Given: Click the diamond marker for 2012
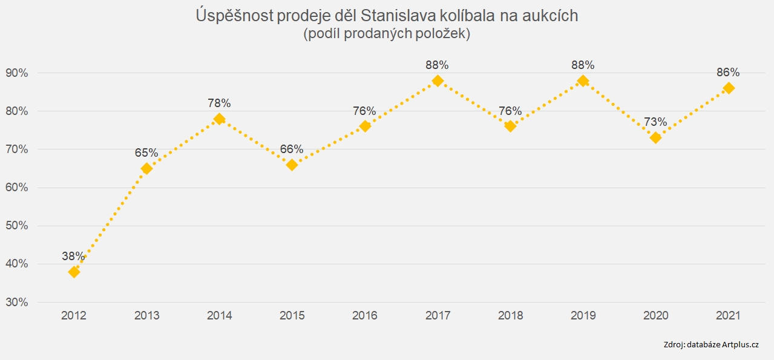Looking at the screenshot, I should tap(74, 272).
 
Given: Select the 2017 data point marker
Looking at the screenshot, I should tap(438, 80).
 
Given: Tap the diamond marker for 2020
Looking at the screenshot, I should tap(655, 138).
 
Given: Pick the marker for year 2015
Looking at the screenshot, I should tap(292, 165).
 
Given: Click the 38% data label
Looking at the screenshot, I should tap(73, 256).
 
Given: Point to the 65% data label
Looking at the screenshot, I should tap(146, 153).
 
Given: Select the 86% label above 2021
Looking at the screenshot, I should tap(728, 73).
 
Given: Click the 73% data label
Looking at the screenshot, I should tap(655, 122).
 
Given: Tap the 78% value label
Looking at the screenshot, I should tap(219, 103).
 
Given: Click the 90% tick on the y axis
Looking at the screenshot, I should tap(17, 73).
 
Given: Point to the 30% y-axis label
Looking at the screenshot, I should tap(17, 303).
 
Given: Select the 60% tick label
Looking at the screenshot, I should tap(17, 188).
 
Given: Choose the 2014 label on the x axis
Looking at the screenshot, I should tap(219, 316).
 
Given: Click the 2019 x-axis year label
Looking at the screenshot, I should tap(583, 316).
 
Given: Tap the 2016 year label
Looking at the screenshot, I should tap(365, 316).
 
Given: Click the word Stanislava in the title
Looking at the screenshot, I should tap(399, 16).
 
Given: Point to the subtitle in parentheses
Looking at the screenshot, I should tap(387, 34).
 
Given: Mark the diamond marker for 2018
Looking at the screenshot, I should tap(510, 126).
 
